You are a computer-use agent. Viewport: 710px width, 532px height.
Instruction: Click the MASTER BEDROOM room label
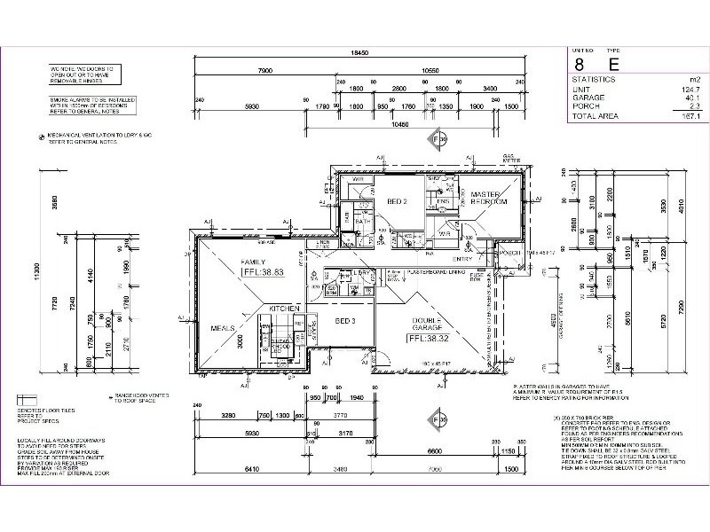pos(489,198)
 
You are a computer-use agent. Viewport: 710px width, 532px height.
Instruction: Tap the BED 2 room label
pos(396,201)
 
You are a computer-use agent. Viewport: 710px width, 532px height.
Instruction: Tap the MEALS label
pos(223,328)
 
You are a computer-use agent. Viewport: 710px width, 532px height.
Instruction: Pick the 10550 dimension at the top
pos(430,68)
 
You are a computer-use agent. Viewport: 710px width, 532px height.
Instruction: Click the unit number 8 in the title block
pos(579,63)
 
